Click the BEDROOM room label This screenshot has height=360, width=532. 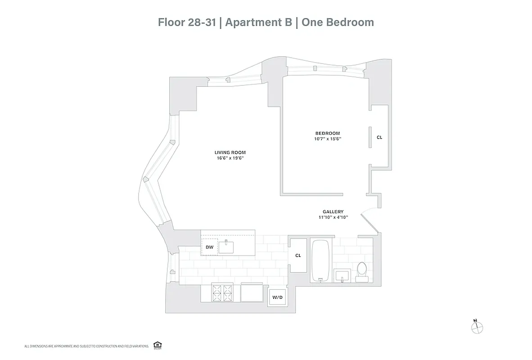[327, 133]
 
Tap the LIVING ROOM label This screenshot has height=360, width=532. [230, 153]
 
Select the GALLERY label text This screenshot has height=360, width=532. [333, 211]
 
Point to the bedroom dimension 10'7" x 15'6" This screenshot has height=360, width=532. [327, 139]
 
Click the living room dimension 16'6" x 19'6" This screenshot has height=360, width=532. [230, 158]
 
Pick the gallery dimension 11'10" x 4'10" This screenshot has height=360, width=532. [333, 217]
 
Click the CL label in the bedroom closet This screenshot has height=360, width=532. [379, 137]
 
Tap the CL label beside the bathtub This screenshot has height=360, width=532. [298, 255]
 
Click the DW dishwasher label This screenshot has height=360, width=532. [209, 247]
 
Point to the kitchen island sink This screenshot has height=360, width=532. [226, 247]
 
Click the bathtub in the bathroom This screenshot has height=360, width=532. [320, 261]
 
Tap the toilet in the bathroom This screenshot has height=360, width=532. [362, 272]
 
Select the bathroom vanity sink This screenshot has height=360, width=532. [343, 275]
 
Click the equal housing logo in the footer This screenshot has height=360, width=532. [157, 345]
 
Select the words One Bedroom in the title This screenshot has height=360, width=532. [337, 22]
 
